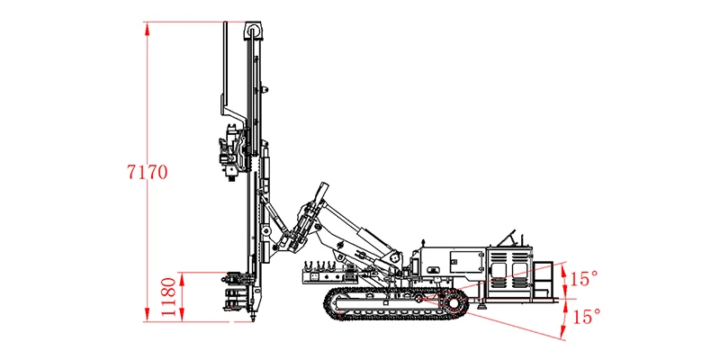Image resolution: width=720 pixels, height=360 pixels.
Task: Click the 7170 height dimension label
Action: click(x=148, y=172)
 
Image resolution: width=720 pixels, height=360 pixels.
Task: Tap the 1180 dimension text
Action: click(x=168, y=297)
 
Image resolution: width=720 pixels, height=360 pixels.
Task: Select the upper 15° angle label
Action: click(x=583, y=279)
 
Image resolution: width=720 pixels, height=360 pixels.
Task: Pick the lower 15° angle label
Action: click(x=587, y=317)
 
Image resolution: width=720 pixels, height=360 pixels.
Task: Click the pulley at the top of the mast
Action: click(x=253, y=31)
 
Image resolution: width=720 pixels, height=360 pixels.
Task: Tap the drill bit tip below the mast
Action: click(x=252, y=318)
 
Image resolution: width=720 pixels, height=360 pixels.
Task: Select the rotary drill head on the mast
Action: click(x=232, y=152)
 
